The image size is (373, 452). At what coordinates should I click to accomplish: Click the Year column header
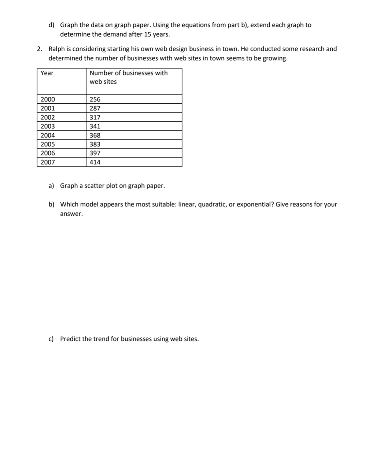47,73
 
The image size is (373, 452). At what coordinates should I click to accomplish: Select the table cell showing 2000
48,99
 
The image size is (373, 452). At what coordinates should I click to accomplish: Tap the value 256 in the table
95,99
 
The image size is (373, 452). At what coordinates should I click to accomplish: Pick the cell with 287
95,108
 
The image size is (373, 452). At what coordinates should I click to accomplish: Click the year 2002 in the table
48,117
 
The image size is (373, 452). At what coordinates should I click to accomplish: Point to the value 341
95,126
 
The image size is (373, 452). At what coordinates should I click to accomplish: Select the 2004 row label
48,135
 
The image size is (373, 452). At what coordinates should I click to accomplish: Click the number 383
95,144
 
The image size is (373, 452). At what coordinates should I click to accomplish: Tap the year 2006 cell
48,153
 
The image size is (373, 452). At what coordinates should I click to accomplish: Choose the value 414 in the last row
95,162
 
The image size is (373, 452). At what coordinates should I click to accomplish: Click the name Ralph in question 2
56,49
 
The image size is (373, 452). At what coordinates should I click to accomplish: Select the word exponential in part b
255,204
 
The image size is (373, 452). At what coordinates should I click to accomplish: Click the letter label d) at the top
51,25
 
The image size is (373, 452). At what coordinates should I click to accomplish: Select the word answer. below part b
71,214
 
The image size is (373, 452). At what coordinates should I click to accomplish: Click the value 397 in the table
95,153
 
